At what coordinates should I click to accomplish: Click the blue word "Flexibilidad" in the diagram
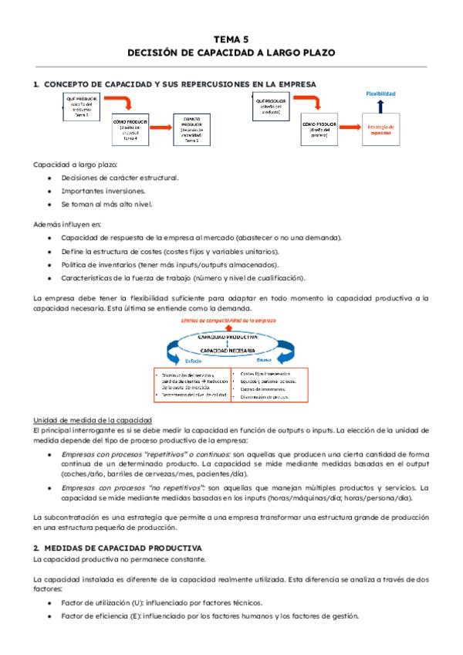pyautogui.click(x=381, y=94)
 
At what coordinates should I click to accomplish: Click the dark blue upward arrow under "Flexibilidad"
pyautogui.click(x=381, y=107)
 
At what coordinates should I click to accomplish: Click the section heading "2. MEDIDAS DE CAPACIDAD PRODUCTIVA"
pyautogui.click(x=117, y=545)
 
